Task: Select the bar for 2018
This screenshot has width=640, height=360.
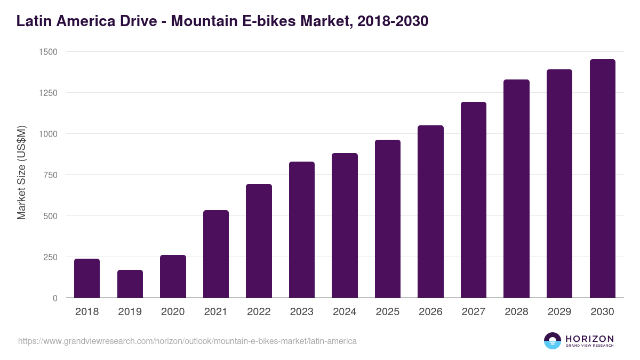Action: click(x=87, y=278)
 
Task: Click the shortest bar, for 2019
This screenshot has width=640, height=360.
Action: click(x=130, y=284)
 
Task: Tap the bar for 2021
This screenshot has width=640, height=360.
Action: click(x=216, y=254)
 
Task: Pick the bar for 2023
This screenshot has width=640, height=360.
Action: click(x=302, y=229)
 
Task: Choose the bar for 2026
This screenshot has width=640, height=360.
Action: click(x=430, y=211)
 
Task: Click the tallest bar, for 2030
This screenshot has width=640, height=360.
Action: click(x=602, y=178)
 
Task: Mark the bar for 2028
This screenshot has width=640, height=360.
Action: click(x=516, y=188)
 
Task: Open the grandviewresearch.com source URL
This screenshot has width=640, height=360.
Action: click(x=187, y=341)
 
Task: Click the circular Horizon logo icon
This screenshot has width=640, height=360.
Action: click(x=553, y=341)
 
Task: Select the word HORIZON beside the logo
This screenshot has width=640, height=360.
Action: click(x=589, y=339)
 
